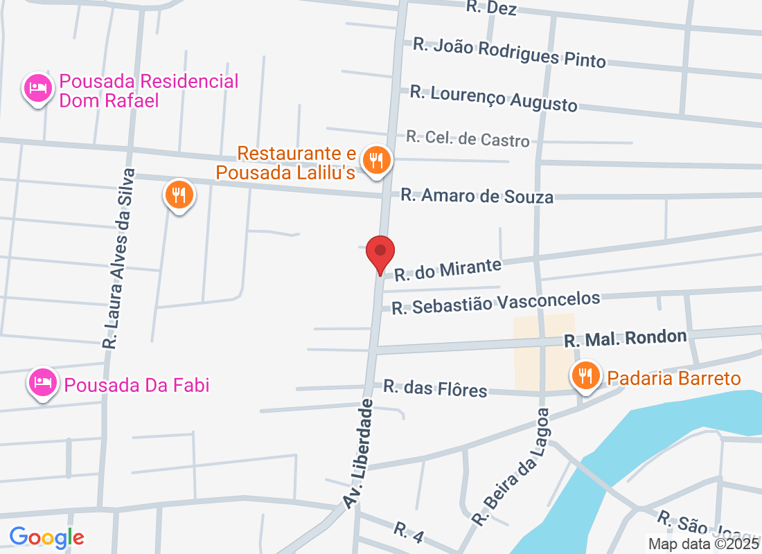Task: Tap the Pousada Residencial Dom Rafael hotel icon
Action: [37, 89]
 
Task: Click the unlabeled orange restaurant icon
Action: [179, 195]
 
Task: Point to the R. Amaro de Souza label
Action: [477, 196]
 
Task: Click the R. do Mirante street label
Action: [448, 269]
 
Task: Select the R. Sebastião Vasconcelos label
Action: [495, 303]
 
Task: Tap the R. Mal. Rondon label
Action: [625, 339]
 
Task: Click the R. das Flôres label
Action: [435, 388]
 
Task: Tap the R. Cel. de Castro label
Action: [468, 138]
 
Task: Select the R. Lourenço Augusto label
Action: [493, 98]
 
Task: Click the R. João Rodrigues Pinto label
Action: [509, 53]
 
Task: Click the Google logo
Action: [47, 537]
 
